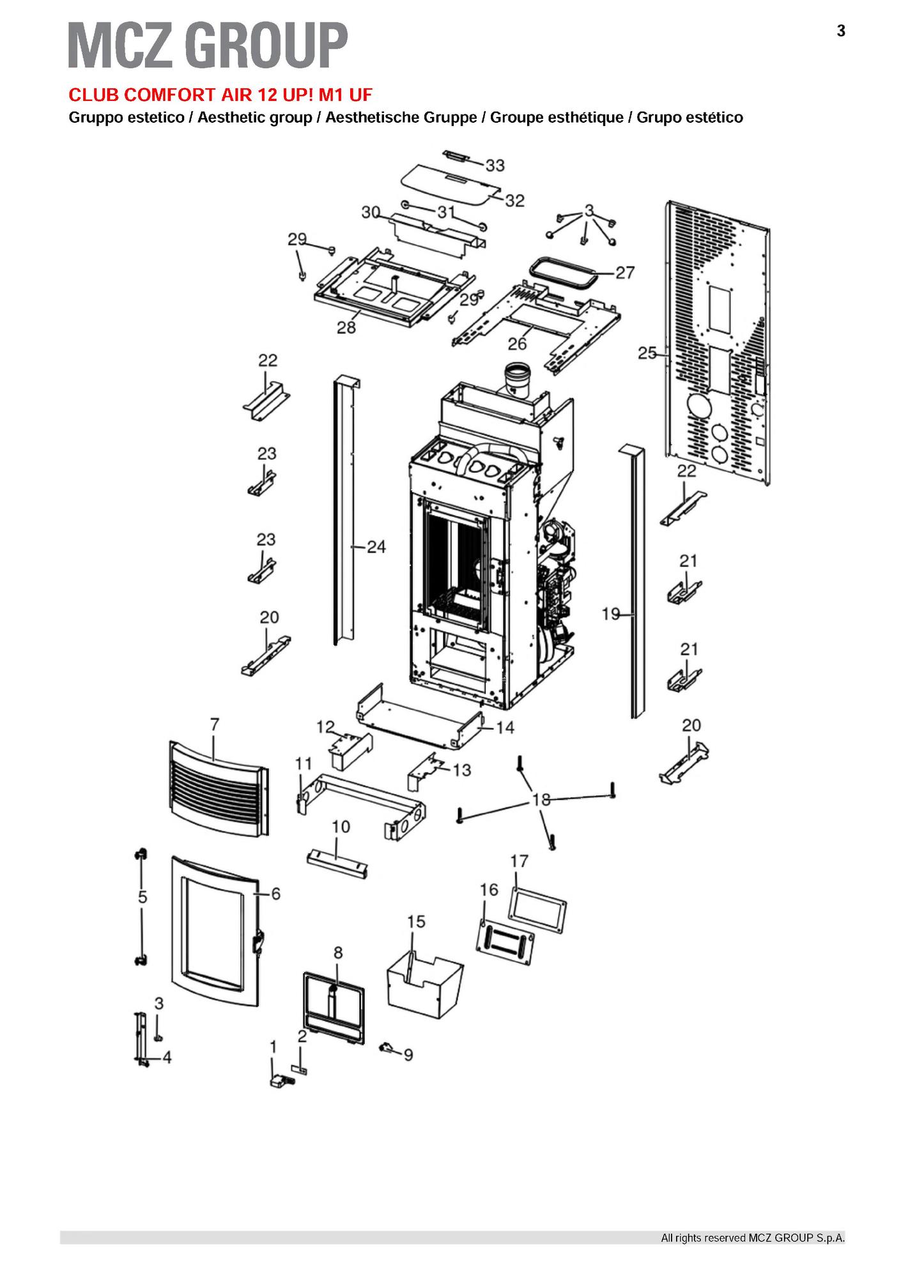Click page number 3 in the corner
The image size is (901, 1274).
(x=841, y=31)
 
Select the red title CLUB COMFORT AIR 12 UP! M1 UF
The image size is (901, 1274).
(x=220, y=95)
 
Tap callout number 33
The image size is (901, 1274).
(x=495, y=165)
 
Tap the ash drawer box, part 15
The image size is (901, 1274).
(x=425, y=987)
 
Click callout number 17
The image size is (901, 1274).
(x=519, y=861)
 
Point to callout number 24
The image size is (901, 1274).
(x=376, y=547)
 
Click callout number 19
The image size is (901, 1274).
(x=611, y=614)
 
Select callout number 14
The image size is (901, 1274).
(x=505, y=727)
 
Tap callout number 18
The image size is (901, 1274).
(x=541, y=799)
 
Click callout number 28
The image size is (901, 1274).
(x=346, y=327)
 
